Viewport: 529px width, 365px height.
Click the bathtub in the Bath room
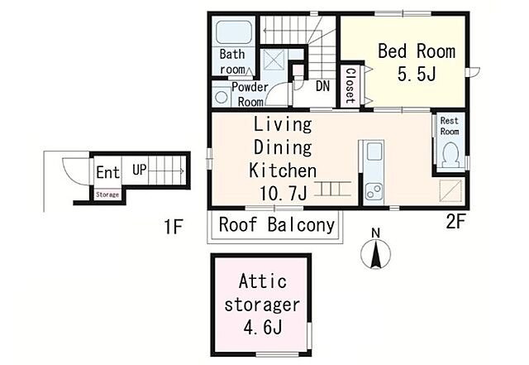click(233, 33)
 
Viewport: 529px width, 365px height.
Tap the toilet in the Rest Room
click(450, 156)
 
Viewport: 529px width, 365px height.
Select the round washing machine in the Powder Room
click(221, 97)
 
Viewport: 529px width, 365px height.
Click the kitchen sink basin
click(374, 151)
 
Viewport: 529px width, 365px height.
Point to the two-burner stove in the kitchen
click(374, 192)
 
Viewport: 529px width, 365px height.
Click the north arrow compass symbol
click(375, 252)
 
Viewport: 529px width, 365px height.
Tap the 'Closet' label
click(350, 86)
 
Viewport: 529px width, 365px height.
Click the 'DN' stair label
click(322, 86)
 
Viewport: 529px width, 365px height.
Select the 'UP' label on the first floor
click(140, 170)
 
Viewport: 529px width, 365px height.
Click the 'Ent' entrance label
click(108, 172)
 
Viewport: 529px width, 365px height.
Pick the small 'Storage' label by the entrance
click(107, 195)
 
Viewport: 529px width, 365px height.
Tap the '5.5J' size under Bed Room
click(417, 74)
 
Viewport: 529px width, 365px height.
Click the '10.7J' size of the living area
click(284, 194)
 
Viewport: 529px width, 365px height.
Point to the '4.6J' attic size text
click(263, 327)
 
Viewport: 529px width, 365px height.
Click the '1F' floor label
click(174, 227)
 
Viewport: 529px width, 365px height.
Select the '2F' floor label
click(455, 222)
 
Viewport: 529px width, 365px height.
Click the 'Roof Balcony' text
click(277, 225)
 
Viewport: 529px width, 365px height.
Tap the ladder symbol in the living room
click(332, 189)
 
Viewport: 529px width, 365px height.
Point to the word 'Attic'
click(263, 281)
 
